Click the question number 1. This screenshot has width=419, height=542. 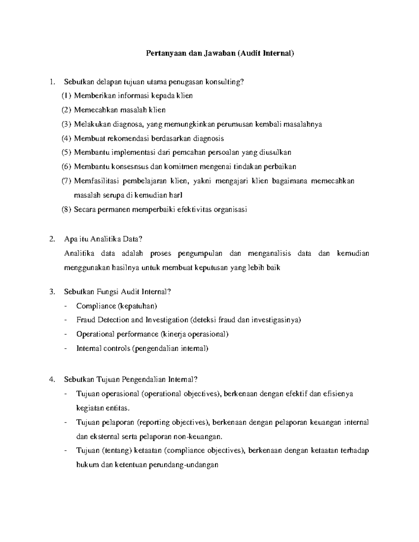pyautogui.click(x=52, y=82)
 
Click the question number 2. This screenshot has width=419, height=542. pyautogui.click(x=52, y=239)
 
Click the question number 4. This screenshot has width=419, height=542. pyautogui.click(x=52, y=380)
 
